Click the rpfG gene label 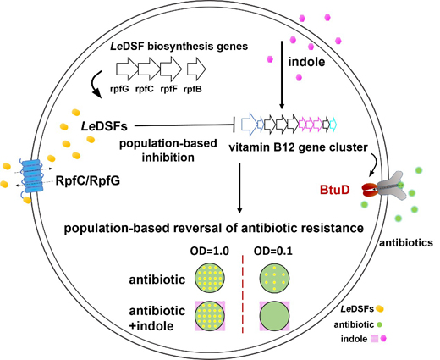119,90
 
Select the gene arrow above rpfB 196,69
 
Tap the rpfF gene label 169,90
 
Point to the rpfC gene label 145,90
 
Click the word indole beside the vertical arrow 306,62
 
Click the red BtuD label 335,190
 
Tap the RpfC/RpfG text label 88,180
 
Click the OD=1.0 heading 210,251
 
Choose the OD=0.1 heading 273,251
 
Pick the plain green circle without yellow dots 274,316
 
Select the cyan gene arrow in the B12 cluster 333,125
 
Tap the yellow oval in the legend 380,309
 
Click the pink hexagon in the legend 383,338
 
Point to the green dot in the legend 379,324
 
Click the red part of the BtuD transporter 369,190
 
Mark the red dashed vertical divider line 243,294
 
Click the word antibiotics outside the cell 406,243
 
